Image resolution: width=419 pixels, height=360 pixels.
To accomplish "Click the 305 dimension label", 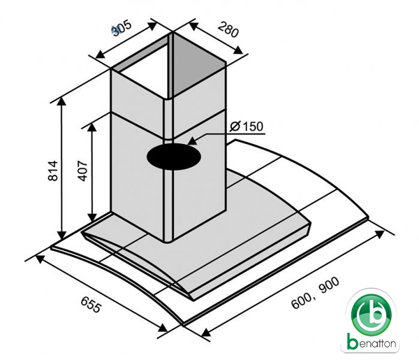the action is click(122, 27).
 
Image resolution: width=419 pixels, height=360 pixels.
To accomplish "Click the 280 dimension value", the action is click(228, 29).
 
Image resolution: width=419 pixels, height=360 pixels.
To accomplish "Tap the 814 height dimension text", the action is click(53, 171).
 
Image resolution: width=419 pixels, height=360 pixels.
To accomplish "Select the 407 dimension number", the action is click(82, 171).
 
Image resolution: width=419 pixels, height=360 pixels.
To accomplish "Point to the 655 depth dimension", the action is click(91, 304).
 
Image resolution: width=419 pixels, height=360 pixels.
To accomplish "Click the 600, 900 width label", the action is click(316, 293).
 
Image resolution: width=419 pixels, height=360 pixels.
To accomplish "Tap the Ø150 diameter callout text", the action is click(247, 127).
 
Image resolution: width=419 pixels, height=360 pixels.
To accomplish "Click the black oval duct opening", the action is click(174, 157).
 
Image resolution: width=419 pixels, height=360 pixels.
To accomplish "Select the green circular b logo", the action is click(371, 313).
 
